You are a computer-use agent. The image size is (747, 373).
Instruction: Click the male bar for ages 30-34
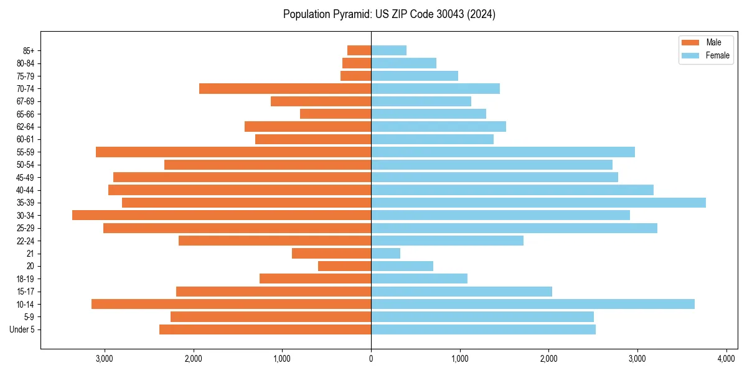pyautogui.click(x=222, y=215)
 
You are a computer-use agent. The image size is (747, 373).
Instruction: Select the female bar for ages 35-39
pyautogui.click(x=538, y=203)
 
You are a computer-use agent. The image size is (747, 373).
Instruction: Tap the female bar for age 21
pyautogui.click(x=386, y=254)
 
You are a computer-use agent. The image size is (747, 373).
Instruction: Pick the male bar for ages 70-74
pyautogui.click(x=285, y=89)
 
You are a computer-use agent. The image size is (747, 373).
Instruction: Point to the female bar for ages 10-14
pyautogui.click(x=533, y=304)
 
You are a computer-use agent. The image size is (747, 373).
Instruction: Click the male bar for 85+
pyautogui.click(x=359, y=50)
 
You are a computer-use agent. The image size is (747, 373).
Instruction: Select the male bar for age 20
pyautogui.click(x=345, y=266)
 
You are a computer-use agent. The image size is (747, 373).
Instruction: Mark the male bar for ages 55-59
pyautogui.click(x=233, y=152)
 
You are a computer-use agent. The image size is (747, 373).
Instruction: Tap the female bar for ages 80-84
pyautogui.click(x=404, y=63)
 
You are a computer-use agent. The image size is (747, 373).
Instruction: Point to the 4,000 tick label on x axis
pyautogui.click(x=726, y=359)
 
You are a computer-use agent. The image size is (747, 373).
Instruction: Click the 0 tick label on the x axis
pyautogui.click(x=371, y=359)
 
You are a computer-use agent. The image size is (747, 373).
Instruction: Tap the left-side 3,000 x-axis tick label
pyautogui.click(x=105, y=359)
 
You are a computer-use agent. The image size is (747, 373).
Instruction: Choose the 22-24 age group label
pyautogui.click(x=25, y=241)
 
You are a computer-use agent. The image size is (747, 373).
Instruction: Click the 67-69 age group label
pyautogui.click(x=25, y=101)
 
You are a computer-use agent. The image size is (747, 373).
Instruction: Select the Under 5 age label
pyautogui.click(x=22, y=329)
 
